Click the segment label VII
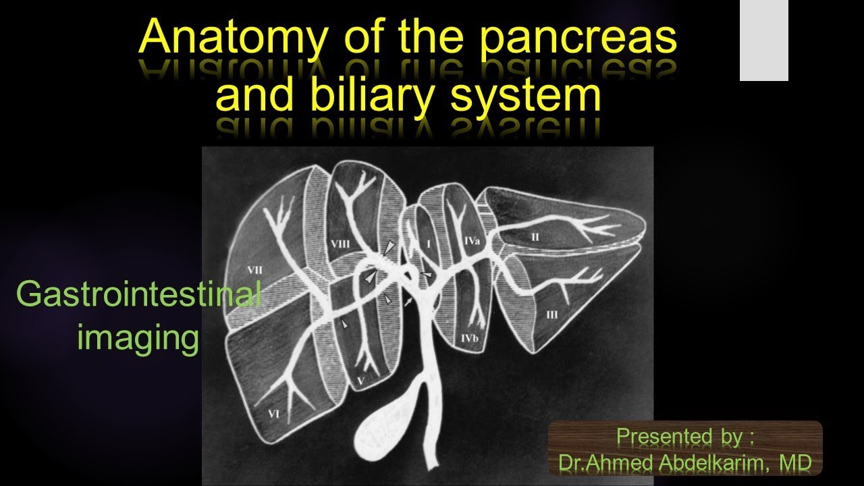[x=254, y=269]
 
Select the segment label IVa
[x=472, y=240]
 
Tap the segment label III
[x=552, y=314]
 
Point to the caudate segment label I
[x=427, y=241]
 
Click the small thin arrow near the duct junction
[x=408, y=303]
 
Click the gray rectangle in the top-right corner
[x=763, y=40]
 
